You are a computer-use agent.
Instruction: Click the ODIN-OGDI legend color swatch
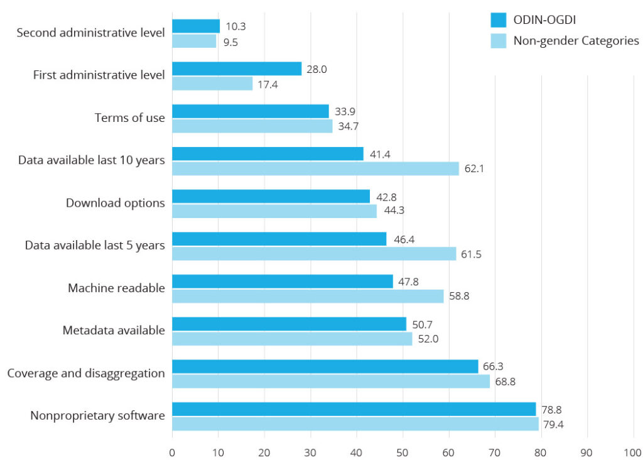[x=499, y=20]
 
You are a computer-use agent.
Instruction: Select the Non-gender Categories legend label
[x=576, y=41]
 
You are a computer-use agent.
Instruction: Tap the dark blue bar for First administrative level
[x=237, y=68]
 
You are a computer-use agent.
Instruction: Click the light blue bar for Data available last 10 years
[x=315, y=168]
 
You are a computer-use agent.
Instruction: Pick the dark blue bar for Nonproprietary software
[x=354, y=409]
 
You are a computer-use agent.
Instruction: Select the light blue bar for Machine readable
[x=308, y=296]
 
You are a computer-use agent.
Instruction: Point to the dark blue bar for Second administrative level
[x=196, y=26]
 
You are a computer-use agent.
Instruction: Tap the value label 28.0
[x=316, y=69]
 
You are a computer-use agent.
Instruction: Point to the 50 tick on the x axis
[x=403, y=452]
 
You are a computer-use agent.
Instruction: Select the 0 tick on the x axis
[x=172, y=452]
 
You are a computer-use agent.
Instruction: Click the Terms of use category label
[x=129, y=118]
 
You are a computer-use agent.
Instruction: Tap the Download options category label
[x=116, y=203]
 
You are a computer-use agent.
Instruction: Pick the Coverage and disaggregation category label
[x=86, y=373]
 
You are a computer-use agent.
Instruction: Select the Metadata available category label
[x=114, y=331]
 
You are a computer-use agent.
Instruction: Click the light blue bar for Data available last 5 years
[x=314, y=253]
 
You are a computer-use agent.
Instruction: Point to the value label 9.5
[x=230, y=43]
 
